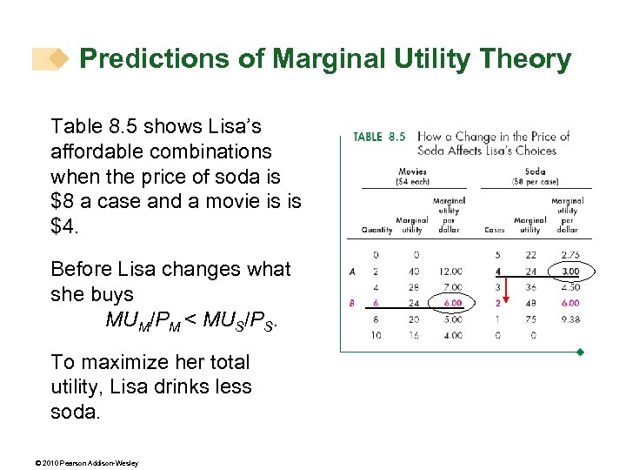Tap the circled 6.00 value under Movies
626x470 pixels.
tap(450, 303)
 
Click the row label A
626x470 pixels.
tap(352, 272)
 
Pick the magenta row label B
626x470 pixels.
tap(352, 303)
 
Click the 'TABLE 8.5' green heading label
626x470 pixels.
tap(379, 137)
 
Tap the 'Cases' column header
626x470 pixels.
tap(495, 230)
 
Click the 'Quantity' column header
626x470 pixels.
tap(376, 230)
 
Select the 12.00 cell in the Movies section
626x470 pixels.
tap(450, 272)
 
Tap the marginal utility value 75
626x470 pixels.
tap(530, 319)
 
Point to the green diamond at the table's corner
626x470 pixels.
tap(580, 352)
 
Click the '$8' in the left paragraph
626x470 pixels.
tap(64, 202)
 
